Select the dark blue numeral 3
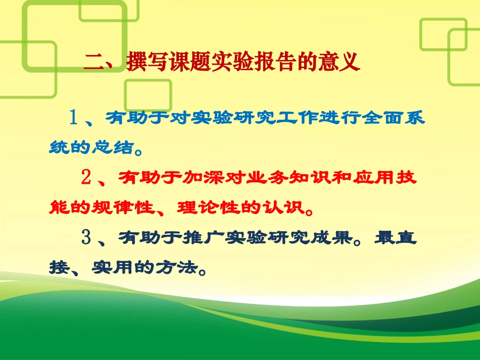click(x=86, y=237)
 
